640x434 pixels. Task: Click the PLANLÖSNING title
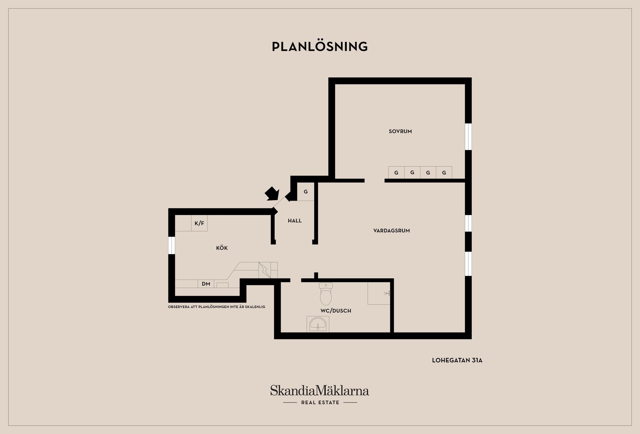[320, 46]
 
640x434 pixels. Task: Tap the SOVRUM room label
[400, 131]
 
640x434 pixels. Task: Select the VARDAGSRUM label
[392, 231]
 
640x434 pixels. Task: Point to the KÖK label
[222, 248]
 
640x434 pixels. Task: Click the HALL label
[295, 221]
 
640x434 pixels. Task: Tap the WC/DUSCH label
[336, 311]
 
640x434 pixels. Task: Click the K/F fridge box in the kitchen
[199, 223]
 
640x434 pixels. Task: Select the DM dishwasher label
[206, 284]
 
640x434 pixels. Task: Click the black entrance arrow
[272, 193]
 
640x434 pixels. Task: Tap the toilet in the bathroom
[326, 294]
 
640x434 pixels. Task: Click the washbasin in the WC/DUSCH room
[318, 324]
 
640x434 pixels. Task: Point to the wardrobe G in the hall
[306, 192]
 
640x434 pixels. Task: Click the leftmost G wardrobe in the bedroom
[396, 173]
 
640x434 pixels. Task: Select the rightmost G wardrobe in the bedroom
[444, 173]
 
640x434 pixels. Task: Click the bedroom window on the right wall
[468, 137]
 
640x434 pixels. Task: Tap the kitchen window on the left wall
[172, 245]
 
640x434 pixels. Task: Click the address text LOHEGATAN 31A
[457, 360]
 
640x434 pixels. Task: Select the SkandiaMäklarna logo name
[320, 391]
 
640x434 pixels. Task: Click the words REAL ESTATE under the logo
[320, 403]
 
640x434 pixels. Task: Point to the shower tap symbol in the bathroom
[387, 294]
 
